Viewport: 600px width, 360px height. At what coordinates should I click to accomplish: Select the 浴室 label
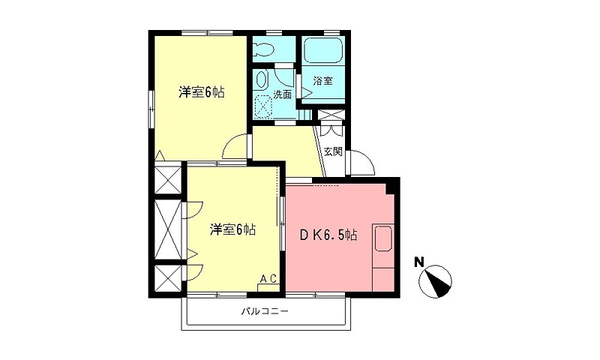(x=324, y=81)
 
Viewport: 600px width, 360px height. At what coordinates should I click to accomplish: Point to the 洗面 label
(x=282, y=94)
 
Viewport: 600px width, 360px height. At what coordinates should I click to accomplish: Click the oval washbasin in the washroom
(x=262, y=79)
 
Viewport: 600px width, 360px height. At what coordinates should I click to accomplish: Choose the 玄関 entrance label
(x=333, y=151)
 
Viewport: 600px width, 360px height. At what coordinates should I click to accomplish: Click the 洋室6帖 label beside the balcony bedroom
(x=232, y=229)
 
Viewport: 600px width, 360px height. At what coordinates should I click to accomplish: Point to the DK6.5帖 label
(x=328, y=235)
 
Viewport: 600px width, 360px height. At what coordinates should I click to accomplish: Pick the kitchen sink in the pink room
(x=383, y=239)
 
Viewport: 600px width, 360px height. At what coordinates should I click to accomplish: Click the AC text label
(x=268, y=278)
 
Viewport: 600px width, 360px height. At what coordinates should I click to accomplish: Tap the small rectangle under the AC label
(x=268, y=287)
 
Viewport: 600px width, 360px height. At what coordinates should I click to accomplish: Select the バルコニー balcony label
(x=265, y=310)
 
